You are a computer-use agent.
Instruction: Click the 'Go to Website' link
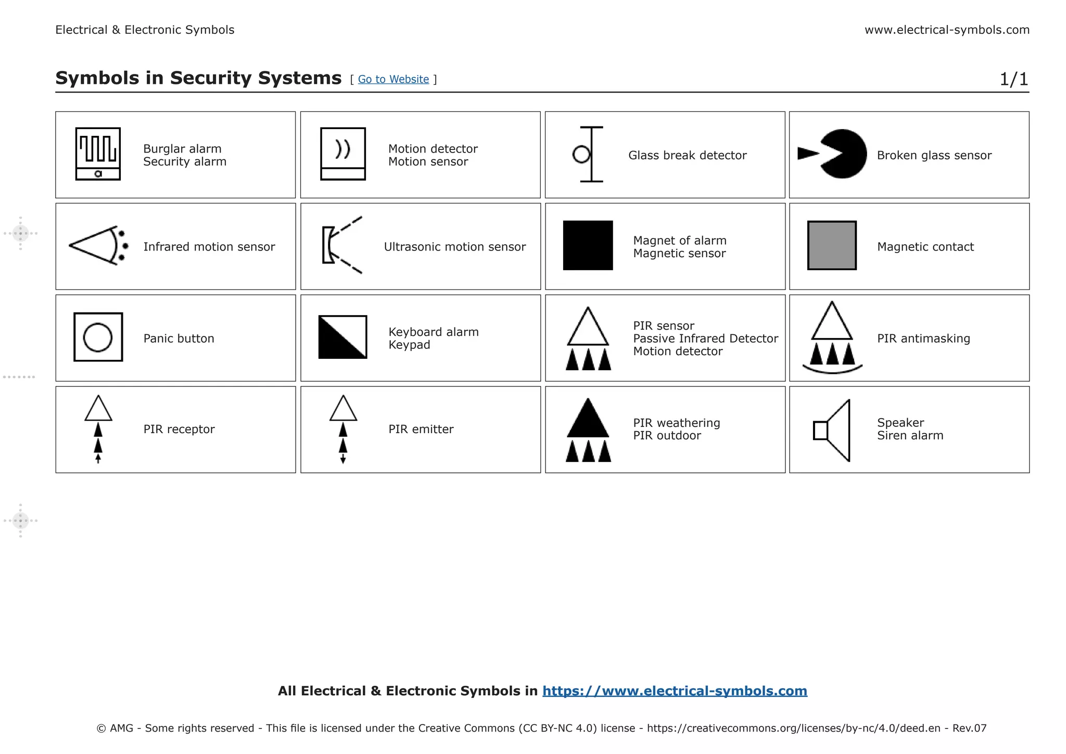(393, 79)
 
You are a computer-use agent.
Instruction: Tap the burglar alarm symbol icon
(98, 154)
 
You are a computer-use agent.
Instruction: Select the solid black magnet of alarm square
(588, 245)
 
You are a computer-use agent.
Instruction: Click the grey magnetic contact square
(831, 245)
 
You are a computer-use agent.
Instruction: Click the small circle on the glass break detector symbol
(581, 155)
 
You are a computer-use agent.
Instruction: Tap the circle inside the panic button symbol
(98, 337)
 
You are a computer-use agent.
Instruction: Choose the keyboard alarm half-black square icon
(342, 337)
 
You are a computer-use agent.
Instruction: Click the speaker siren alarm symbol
(832, 430)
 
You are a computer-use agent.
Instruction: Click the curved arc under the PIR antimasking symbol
(832, 370)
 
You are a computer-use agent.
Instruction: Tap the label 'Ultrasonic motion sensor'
(454, 247)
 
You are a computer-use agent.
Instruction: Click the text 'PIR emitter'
(421, 429)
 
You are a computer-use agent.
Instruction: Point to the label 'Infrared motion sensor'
(209, 247)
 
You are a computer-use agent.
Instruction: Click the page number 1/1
(1013, 79)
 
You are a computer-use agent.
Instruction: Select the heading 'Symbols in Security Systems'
(198, 78)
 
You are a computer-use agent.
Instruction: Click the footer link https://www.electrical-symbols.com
(675, 691)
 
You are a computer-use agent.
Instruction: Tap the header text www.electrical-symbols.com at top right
(947, 30)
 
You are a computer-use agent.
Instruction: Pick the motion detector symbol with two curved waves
(342, 154)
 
